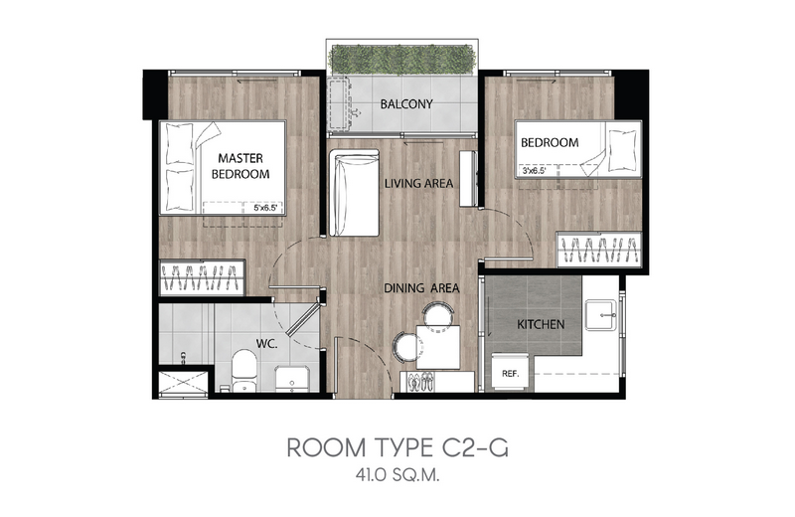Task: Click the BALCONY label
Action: click(x=406, y=104)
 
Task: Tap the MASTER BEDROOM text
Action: click(x=240, y=166)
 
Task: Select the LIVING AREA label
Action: click(x=418, y=183)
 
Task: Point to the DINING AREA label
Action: click(x=421, y=288)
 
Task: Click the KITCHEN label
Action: click(x=541, y=324)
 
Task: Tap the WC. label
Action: click(x=266, y=343)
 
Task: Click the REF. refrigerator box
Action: click(x=511, y=373)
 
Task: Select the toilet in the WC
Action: click(x=243, y=371)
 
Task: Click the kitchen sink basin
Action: click(x=601, y=315)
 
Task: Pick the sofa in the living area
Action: click(x=354, y=193)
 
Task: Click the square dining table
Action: click(x=438, y=348)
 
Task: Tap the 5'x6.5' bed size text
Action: click(x=265, y=207)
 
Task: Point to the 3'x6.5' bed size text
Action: click(x=534, y=171)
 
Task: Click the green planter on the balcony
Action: click(x=403, y=60)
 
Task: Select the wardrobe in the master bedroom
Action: click(x=203, y=277)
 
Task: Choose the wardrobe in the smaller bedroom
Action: click(x=599, y=250)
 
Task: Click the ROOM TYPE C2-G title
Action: click(x=397, y=447)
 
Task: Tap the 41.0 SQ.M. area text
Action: click(x=397, y=476)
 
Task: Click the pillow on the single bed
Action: click(x=622, y=150)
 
